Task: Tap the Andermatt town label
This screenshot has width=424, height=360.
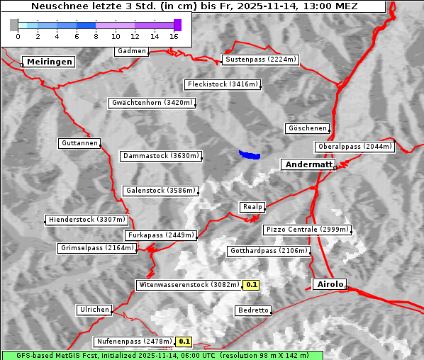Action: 308,164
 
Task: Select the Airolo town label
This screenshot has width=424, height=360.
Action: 330,284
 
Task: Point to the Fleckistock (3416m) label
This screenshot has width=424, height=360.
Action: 222,84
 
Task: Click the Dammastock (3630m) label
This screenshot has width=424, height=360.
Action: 161,156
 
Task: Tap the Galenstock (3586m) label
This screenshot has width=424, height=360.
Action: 160,191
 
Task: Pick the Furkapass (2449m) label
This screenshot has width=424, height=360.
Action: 160,235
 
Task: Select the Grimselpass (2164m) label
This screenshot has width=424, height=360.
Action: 96,248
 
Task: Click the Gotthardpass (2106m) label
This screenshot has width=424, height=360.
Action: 269,251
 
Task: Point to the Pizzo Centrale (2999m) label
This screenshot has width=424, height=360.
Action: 307,230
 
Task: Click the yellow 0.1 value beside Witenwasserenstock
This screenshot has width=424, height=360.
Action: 252,285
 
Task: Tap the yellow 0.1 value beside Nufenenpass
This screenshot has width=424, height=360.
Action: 184,341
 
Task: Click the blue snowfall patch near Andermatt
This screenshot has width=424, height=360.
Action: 250,154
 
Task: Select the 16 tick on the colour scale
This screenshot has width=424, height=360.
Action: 174,35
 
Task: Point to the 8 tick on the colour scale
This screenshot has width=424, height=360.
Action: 96,35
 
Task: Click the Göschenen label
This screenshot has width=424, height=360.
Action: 308,128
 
